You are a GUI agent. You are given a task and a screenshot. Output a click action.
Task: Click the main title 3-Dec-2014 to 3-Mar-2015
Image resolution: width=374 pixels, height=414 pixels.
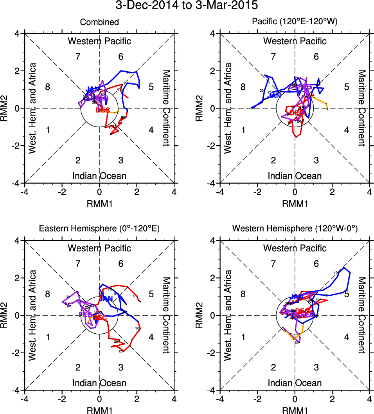coord(187,6)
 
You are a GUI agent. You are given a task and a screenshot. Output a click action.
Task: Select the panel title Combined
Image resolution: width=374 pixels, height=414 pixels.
coord(99,22)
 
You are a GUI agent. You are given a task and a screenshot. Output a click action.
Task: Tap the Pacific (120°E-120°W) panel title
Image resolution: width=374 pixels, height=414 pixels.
coord(295,22)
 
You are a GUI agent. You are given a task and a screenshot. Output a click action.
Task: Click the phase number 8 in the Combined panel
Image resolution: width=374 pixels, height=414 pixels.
coord(48,87)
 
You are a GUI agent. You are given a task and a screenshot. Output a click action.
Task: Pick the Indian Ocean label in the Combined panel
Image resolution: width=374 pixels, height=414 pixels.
coord(99,176)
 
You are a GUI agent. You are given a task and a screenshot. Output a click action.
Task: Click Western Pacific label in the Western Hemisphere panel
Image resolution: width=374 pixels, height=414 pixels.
coord(295,248)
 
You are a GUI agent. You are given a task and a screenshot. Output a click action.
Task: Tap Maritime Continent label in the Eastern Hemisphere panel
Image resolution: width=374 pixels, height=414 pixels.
coord(166,315)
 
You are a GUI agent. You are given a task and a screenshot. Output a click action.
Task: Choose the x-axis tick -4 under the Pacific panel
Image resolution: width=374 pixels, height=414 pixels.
coord(220,192)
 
